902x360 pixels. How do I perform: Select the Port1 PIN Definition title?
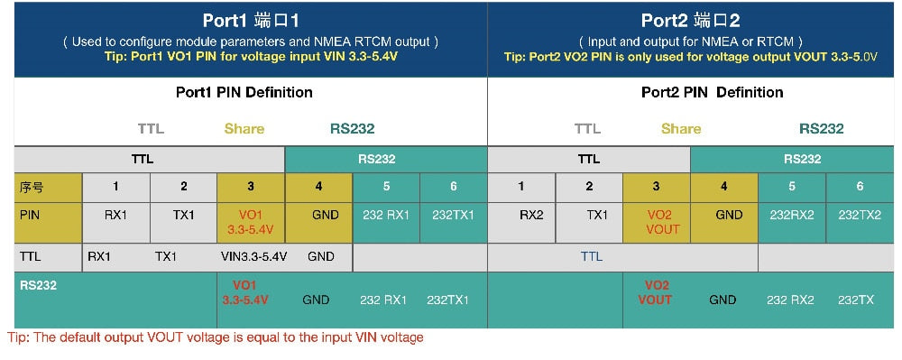click(x=244, y=92)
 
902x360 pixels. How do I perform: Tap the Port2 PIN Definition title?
click(x=712, y=92)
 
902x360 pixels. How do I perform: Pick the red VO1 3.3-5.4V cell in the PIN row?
click(x=251, y=222)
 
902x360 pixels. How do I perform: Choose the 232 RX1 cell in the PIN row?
click(x=385, y=215)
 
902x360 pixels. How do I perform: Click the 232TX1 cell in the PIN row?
click(x=453, y=215)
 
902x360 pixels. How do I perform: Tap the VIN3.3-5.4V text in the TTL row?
click(x=253, y=256)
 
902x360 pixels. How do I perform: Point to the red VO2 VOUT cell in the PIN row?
click(x=656, y=222)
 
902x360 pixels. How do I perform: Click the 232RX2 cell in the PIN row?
click(x=791, y=215)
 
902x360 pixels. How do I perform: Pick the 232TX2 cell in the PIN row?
click(x=859, y=215)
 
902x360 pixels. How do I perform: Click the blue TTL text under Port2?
click(x=591, y=256)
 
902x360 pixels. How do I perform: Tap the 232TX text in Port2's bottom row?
click(x=859, y=300)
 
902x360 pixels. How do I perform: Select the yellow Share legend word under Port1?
click(x=244, y=128)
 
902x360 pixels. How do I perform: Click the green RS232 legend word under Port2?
click(x=821, y=128)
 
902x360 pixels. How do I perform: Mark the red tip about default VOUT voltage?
click(x=216, y=337)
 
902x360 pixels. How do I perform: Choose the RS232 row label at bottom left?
click(x=38, y=285)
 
